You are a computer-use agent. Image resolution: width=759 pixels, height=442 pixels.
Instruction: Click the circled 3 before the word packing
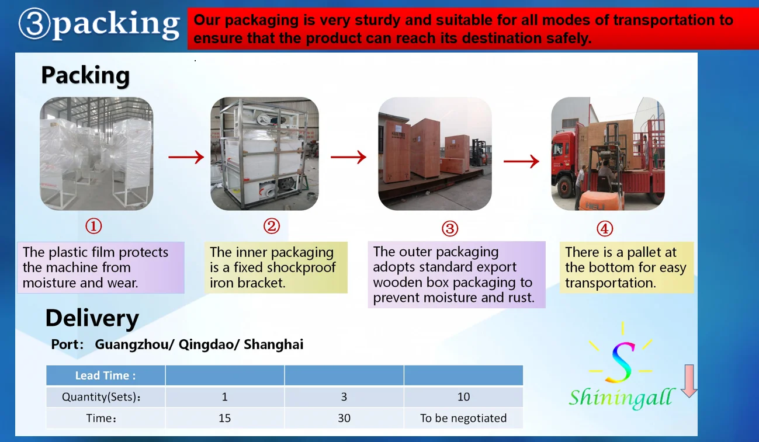tap(34, 24)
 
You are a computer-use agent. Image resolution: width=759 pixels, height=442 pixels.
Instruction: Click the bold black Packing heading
tap(85, 75)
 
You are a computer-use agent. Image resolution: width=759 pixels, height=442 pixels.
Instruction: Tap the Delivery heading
tap(92, 318)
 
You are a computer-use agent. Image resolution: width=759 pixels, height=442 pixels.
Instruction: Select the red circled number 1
tap(93, 226)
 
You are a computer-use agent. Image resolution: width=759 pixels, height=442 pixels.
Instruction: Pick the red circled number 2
tap(272, 226)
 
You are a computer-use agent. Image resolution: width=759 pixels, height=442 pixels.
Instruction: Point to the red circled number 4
tap(605, 229)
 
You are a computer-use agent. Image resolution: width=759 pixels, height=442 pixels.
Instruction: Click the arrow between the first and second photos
tap(186, 156)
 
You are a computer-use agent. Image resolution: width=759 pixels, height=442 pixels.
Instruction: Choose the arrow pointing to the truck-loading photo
tap(521, 161)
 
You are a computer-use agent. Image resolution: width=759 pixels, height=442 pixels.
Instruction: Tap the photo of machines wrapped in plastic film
tap(96, 154)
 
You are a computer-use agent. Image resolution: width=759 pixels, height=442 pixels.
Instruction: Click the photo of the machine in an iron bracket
tap(265, 154)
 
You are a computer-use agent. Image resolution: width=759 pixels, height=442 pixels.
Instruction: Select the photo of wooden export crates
tap(435, 154)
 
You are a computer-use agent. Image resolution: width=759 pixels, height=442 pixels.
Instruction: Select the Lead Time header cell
tap(106, 375)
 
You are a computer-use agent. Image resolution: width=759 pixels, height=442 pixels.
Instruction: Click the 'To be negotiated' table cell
tap(463, 418)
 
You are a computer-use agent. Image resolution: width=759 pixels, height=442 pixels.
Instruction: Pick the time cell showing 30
tap(344, 418)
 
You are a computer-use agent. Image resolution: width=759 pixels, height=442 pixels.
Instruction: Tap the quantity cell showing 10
tap(463, 397)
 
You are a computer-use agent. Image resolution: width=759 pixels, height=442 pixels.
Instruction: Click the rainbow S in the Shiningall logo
tap(621, 363)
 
